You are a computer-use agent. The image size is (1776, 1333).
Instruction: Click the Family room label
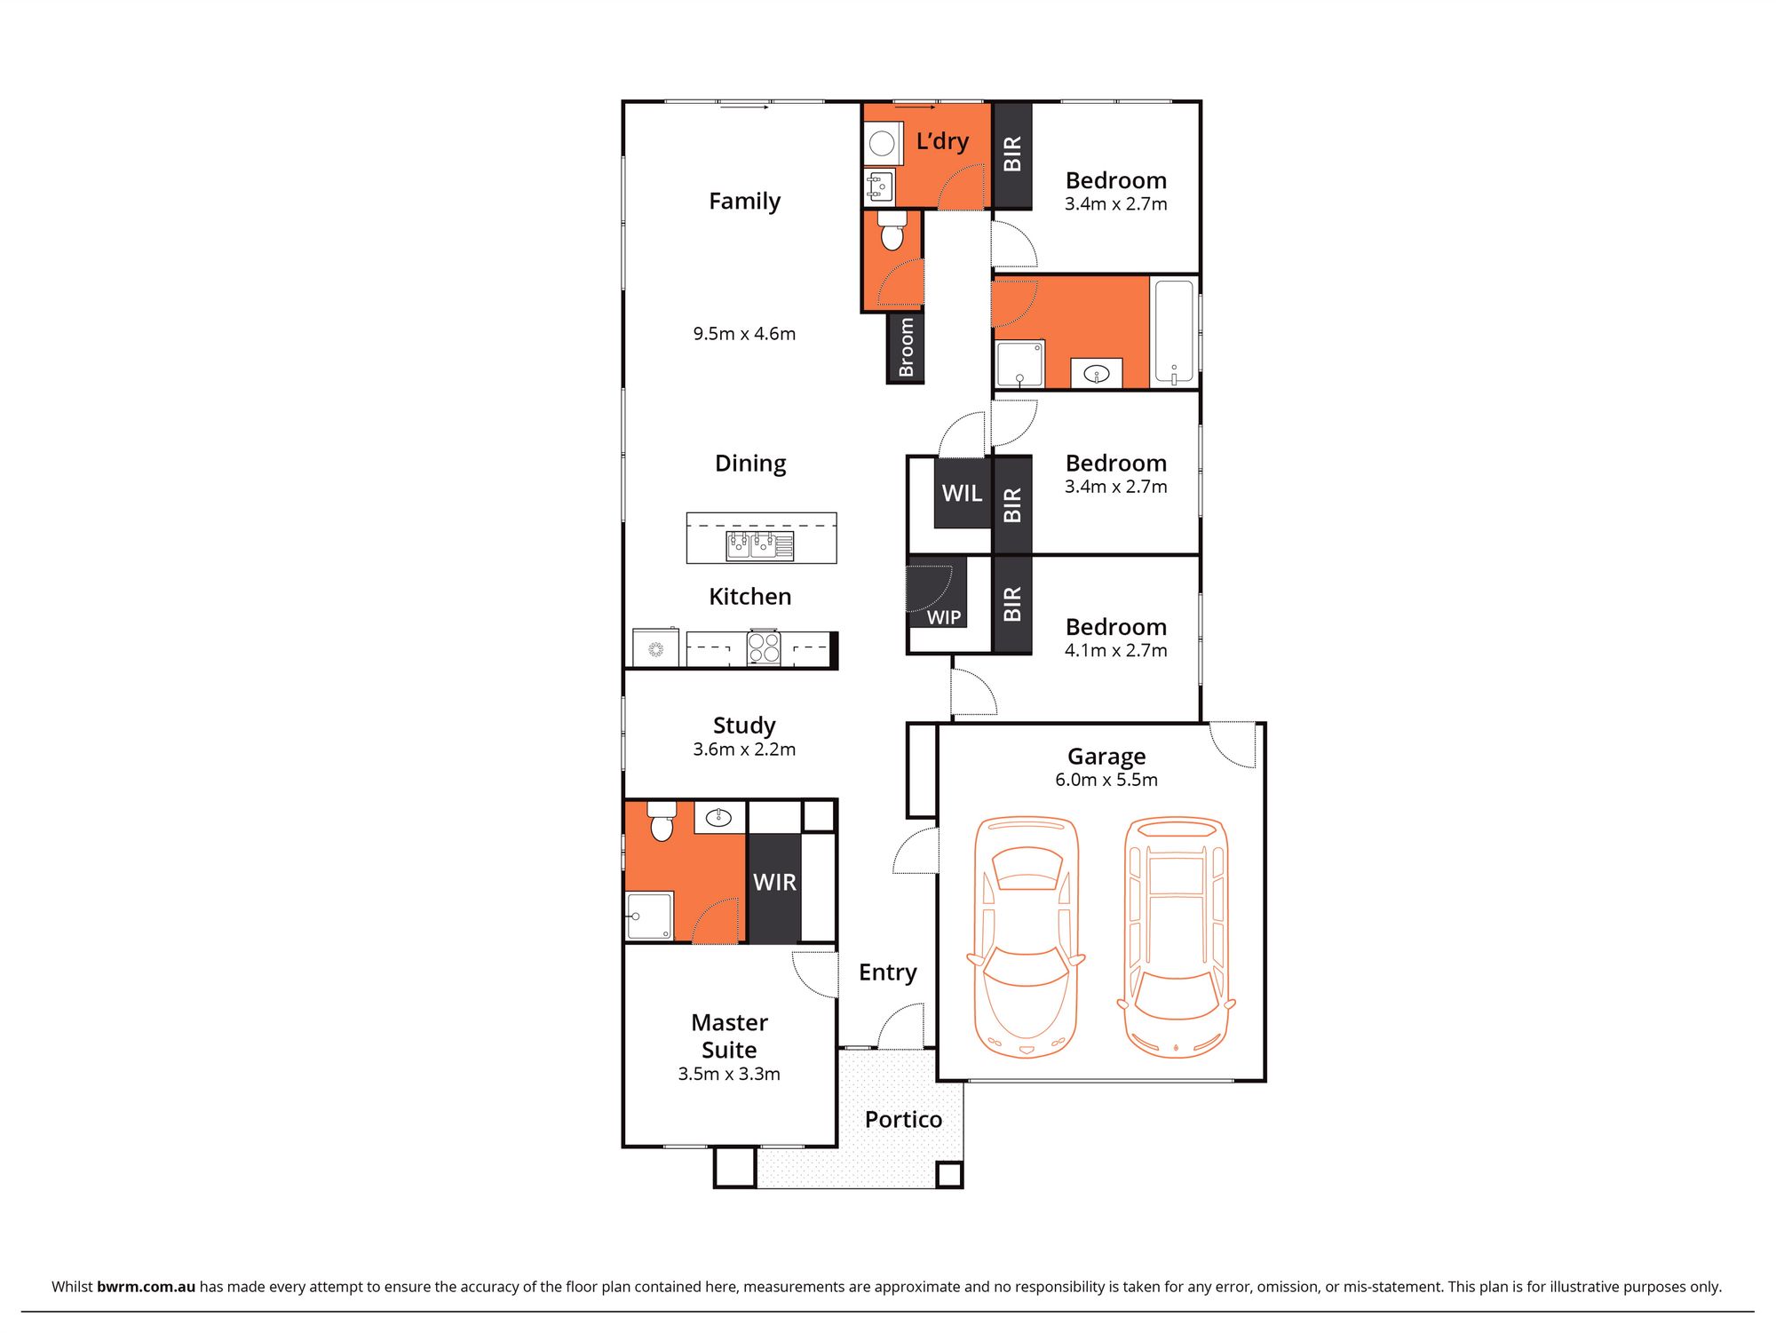(744, 202)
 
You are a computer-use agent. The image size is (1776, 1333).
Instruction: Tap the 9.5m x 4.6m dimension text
(744, 334)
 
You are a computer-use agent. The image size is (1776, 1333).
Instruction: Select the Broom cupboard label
(906, 347)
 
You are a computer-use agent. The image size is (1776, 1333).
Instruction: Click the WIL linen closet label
(962, 493)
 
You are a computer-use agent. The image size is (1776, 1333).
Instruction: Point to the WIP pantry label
(944, 617)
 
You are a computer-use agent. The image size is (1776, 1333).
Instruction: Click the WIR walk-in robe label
(774, 882)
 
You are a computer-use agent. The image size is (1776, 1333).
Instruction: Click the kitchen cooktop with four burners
(764, 647)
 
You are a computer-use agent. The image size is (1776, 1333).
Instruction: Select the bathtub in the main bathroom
(1174, 332)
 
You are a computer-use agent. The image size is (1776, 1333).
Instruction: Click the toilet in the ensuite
(662, 821)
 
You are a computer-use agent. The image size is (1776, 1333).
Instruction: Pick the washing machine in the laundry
(882, 143)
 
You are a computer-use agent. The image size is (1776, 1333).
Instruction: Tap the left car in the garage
(1026, 936)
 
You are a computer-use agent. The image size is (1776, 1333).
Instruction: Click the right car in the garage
(1176, 936)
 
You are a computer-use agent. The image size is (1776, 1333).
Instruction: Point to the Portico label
(903, 1119)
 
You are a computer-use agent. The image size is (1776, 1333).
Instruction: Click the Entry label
(887, 972)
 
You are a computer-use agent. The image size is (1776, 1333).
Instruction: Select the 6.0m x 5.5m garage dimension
(1106, 780)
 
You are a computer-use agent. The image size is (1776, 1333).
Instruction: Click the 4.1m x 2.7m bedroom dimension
(1115, 650)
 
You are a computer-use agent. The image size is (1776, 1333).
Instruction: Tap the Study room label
(744, 726)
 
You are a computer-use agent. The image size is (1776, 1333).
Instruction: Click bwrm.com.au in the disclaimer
(146, 1286)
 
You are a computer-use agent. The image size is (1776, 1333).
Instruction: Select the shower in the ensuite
(649, 916)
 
